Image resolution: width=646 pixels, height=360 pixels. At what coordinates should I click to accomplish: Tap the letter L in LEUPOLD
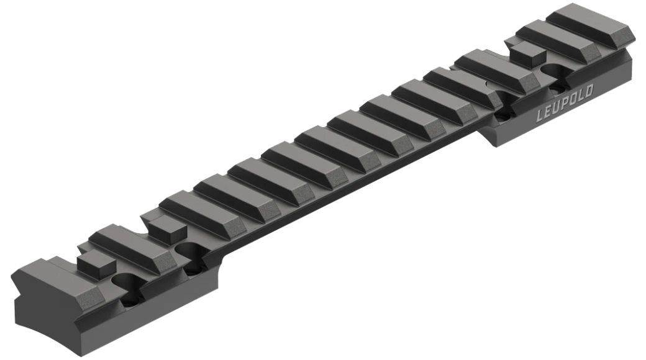tap(540, 115)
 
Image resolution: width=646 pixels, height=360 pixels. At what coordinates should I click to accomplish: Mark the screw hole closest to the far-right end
tap(555, 73)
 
